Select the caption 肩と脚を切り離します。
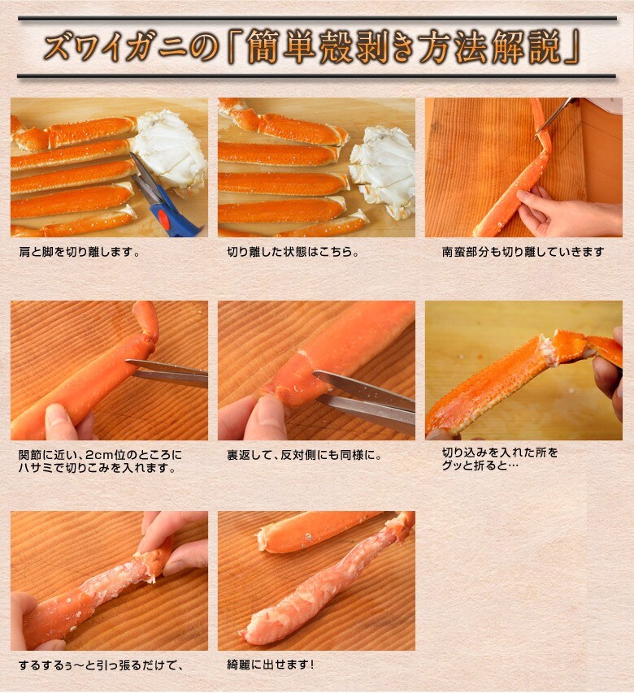(80, 253)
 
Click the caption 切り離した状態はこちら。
(293, 252)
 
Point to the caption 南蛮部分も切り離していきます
(523, 252)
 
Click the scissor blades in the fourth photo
(167, 373)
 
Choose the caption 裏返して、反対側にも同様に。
(305, 455)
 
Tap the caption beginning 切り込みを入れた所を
(500, 459)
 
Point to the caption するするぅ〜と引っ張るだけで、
(101, 665)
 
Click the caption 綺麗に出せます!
(271, 665)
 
